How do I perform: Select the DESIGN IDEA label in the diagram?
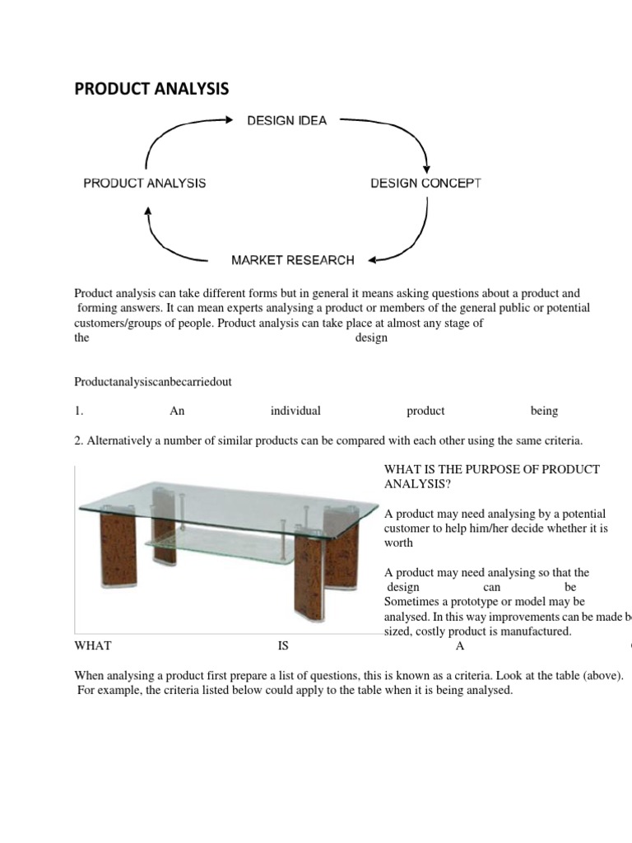coord(287,121)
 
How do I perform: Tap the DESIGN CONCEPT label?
coord(425,183)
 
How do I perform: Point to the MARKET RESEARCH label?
coord(293,260)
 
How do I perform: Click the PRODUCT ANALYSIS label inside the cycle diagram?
coord(145,183)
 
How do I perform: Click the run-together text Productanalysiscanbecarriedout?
coord(159,382)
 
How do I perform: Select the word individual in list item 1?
coord(295,411)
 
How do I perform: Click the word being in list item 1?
coord(544,411)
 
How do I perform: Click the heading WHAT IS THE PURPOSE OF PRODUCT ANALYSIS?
coord(492,477)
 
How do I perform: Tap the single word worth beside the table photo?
coord(398,543)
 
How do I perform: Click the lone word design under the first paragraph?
coord(371,338)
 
